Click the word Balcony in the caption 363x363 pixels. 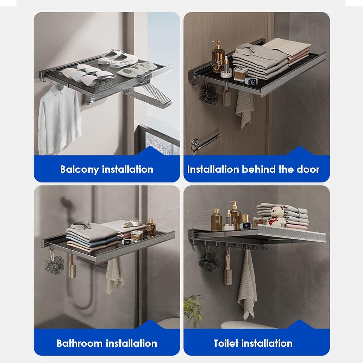click(x=80, y=169)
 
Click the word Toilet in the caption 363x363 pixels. click(x=226, y=343)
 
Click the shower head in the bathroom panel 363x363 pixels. click(x=66, y=202)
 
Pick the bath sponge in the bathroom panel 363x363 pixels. click(x=54, y=265)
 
